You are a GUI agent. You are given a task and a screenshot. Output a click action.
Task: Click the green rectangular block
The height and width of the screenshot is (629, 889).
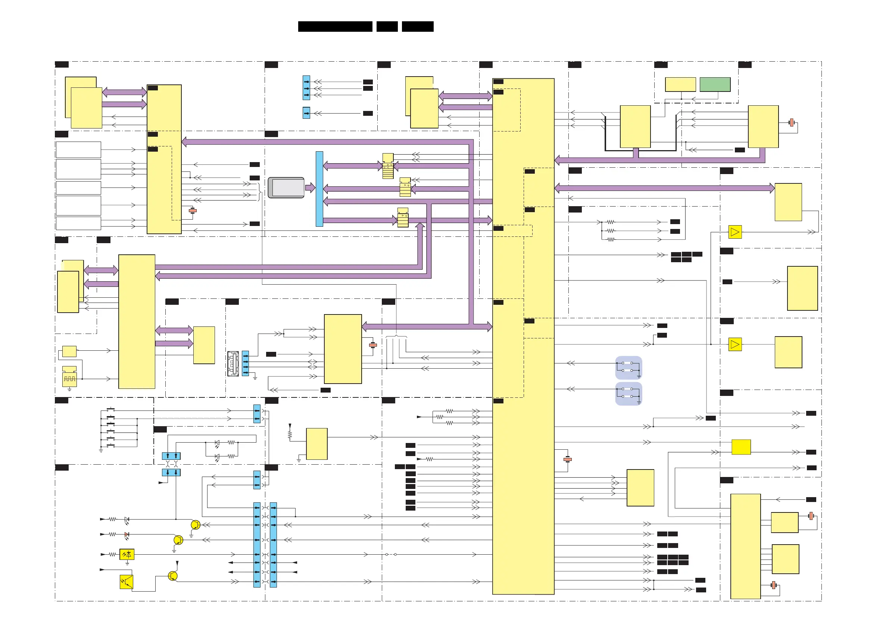click(715, 84)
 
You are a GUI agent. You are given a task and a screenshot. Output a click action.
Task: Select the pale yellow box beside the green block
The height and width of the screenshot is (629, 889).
click(680, 84)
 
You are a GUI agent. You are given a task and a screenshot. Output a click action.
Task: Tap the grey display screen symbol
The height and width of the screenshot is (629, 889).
click(286, 188)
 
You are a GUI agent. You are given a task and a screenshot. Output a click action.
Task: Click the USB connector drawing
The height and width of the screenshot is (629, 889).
click(233, 363)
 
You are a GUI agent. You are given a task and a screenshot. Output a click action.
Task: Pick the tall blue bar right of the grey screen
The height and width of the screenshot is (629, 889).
click(319, 189)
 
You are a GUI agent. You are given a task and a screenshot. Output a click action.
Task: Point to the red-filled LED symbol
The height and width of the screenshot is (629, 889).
click(127, 535)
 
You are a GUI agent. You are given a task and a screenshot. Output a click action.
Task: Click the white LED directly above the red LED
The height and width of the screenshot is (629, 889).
click(127, 519)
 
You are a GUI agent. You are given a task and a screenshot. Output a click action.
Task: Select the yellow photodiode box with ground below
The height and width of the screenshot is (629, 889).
click(127, 554)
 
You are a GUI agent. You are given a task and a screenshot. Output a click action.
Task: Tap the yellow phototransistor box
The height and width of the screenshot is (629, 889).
click(127, 582)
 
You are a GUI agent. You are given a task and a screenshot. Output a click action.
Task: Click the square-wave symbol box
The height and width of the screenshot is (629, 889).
click(70, 379)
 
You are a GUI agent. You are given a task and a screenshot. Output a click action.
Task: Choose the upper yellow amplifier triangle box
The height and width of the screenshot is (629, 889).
click(735, 232)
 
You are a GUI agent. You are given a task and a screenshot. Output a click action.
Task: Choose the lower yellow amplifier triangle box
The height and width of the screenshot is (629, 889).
click(735, 344)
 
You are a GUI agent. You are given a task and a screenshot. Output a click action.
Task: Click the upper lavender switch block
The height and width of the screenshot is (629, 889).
click(628, 368)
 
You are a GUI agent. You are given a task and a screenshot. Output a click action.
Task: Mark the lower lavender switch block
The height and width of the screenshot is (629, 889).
click(628, 393)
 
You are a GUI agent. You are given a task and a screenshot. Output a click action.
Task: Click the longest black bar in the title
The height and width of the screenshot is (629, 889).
click(335, 27)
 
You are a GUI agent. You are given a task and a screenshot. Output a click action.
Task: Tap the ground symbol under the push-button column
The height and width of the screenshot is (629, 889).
click(101, 451)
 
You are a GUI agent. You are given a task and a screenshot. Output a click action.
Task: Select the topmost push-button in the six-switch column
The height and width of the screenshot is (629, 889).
click(111, 410)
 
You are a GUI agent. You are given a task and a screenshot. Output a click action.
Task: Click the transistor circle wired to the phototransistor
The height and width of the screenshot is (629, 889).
click(173, 576)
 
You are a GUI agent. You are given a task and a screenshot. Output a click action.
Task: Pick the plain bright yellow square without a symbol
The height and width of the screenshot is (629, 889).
click(741, 447)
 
